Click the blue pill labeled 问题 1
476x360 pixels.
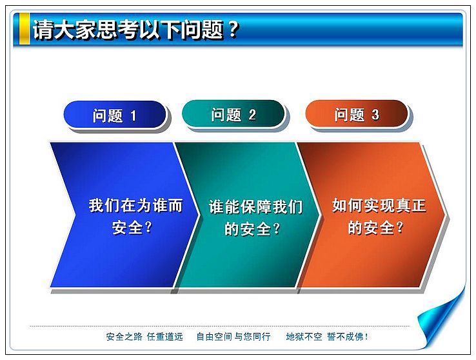coord(115,114)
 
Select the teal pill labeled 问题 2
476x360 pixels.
coord(233,114)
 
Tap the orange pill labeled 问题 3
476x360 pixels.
coord(357,114)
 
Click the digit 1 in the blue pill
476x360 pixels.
coord(134,116)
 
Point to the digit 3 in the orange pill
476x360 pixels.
coord(375,115)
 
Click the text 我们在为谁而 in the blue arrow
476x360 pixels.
coord(135,206)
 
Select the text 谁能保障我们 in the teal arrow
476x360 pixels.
coord(255,206)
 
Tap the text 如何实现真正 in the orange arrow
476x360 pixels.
coord(379,206)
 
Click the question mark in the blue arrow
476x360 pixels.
coord(148,227)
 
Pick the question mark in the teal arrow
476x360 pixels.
coord(277,228)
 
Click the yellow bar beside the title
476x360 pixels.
coord(25,28)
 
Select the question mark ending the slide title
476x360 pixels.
coord(233,29)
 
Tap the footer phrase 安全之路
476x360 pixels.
coord(124,337)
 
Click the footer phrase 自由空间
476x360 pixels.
coord(214,337)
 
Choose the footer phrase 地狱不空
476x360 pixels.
coord(304,337)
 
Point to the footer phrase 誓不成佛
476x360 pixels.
coord(345,337)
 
